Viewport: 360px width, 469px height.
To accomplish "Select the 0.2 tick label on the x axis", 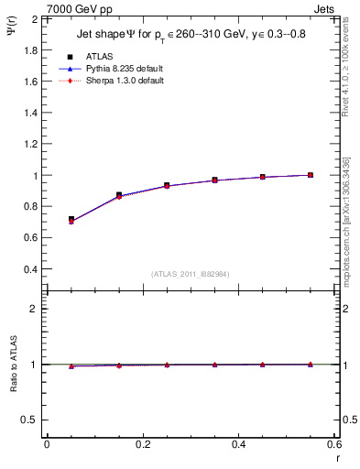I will pos(142,445).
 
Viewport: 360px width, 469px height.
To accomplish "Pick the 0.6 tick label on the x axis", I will pos(333,445).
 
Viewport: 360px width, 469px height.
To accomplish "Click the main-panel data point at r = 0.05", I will pos(71,220).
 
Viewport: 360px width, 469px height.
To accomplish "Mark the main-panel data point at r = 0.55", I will pos(311,175).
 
